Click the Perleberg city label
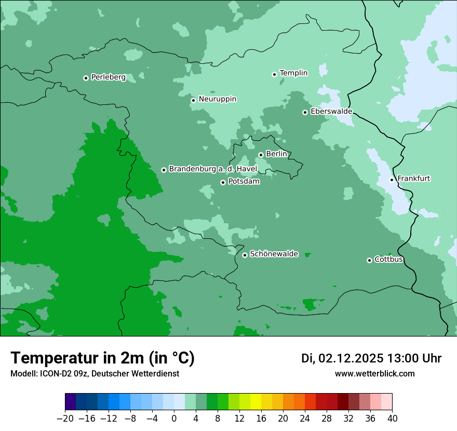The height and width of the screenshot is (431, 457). click(x=108, y=77)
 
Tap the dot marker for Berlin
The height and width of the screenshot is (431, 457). click(x=261, y=155)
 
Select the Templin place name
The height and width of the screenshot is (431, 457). click(x=293, y=73)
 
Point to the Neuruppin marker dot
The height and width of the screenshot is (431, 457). click(x=193, y=100)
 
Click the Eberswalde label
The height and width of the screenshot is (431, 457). click(x=331, y=112)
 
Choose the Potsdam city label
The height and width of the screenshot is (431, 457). click(x=244, y=182)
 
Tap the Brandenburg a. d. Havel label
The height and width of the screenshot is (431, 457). click(x=213, y=169)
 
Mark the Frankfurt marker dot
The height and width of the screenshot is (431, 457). click(x=392, y=180)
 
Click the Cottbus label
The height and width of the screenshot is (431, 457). click(x=388, y=260)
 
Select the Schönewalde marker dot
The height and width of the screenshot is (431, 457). click(x=245, y=255)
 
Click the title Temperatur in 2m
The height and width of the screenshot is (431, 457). click(x=102, y=358)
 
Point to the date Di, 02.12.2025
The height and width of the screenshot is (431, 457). click(x=342, y=358)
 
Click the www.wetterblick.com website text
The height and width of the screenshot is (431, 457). click(x=374, y=373)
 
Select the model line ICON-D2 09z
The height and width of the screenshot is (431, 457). click(x=95, y=373)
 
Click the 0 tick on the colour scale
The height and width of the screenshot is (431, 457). click(x=174, y=419)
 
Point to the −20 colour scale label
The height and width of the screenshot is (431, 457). click(x=65, y=419)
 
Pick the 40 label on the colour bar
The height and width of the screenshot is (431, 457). click(x=392, y=419)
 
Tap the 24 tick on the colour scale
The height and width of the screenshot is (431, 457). click(x=305, y=419)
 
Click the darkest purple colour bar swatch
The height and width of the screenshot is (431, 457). click(x=71, y=402)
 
